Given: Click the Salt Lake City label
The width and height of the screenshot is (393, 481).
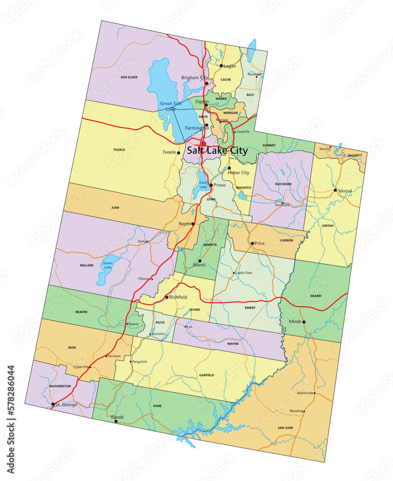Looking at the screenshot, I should (x=217, y=151).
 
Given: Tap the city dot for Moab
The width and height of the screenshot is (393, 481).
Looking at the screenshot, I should (x=304, y=322).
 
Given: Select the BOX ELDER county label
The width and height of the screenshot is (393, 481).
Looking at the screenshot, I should (x=129, y=77).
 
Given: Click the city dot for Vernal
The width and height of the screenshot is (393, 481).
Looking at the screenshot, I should (x=335, y=190).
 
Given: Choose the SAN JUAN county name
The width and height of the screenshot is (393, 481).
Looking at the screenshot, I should (x=285, y=428).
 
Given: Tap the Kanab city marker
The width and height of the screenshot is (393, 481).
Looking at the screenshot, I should (x=116, y=421).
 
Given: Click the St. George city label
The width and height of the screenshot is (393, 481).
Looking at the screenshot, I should (x=66, y=405).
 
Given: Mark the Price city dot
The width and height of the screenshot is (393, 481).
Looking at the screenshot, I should (x=252, y=243).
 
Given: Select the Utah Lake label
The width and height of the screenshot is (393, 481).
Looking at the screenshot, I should (x=203, y=185).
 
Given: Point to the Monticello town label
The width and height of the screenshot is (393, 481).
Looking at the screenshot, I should (x=305, y=393).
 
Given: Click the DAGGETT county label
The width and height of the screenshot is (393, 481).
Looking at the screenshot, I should (x=354, y=155).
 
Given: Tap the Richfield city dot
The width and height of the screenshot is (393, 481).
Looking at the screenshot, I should (x=167, y=297).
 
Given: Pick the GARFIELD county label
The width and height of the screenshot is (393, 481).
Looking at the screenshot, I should (x=206, y=375).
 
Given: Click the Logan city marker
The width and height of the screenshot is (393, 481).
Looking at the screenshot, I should (x=221, y=66).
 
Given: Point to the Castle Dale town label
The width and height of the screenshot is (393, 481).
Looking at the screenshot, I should (x=243, y=273).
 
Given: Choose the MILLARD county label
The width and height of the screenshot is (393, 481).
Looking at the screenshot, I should (x=87, y=265).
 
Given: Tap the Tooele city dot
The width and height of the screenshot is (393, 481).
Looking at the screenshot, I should (x=179, y=153).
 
